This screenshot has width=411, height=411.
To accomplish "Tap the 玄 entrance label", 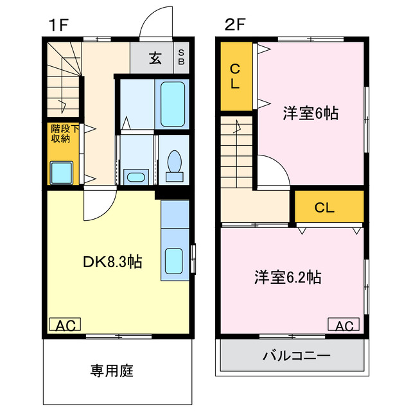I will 155,58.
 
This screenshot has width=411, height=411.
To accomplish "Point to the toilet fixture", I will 173,163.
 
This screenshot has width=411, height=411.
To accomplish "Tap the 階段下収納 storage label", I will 65,134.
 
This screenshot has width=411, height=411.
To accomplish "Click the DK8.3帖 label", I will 113,262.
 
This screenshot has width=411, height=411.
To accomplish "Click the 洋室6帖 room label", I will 311,114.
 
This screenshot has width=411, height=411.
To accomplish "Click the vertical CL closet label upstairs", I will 236,75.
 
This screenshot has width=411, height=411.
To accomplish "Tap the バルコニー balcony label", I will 296,355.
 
